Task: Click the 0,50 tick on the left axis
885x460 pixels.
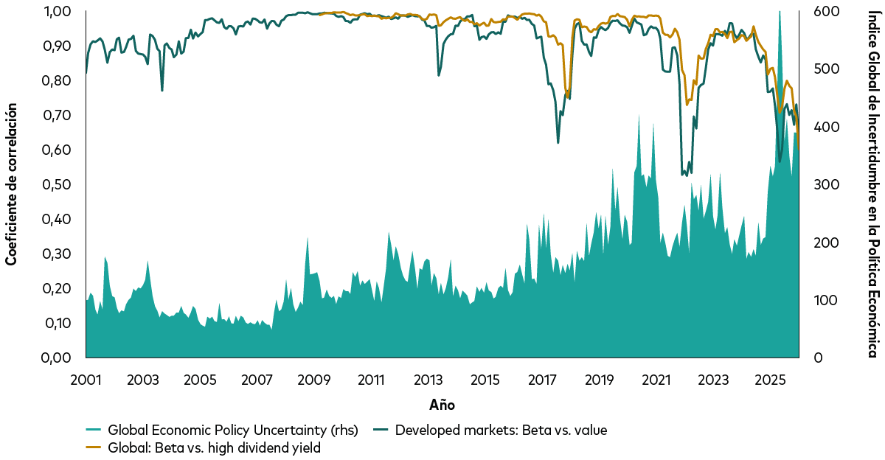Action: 58,184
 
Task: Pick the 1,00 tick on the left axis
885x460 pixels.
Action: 58,12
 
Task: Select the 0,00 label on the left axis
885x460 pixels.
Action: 58,358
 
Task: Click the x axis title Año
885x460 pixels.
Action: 442,405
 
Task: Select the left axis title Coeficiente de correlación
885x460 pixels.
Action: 11,184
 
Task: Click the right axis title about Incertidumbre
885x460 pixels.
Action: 873,184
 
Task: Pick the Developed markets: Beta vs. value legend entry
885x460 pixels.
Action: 501,431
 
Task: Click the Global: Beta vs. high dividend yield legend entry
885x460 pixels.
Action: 214,447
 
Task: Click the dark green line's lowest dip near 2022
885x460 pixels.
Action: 685,175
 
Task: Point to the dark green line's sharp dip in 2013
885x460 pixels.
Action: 439,75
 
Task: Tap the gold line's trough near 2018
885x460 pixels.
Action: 567,95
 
